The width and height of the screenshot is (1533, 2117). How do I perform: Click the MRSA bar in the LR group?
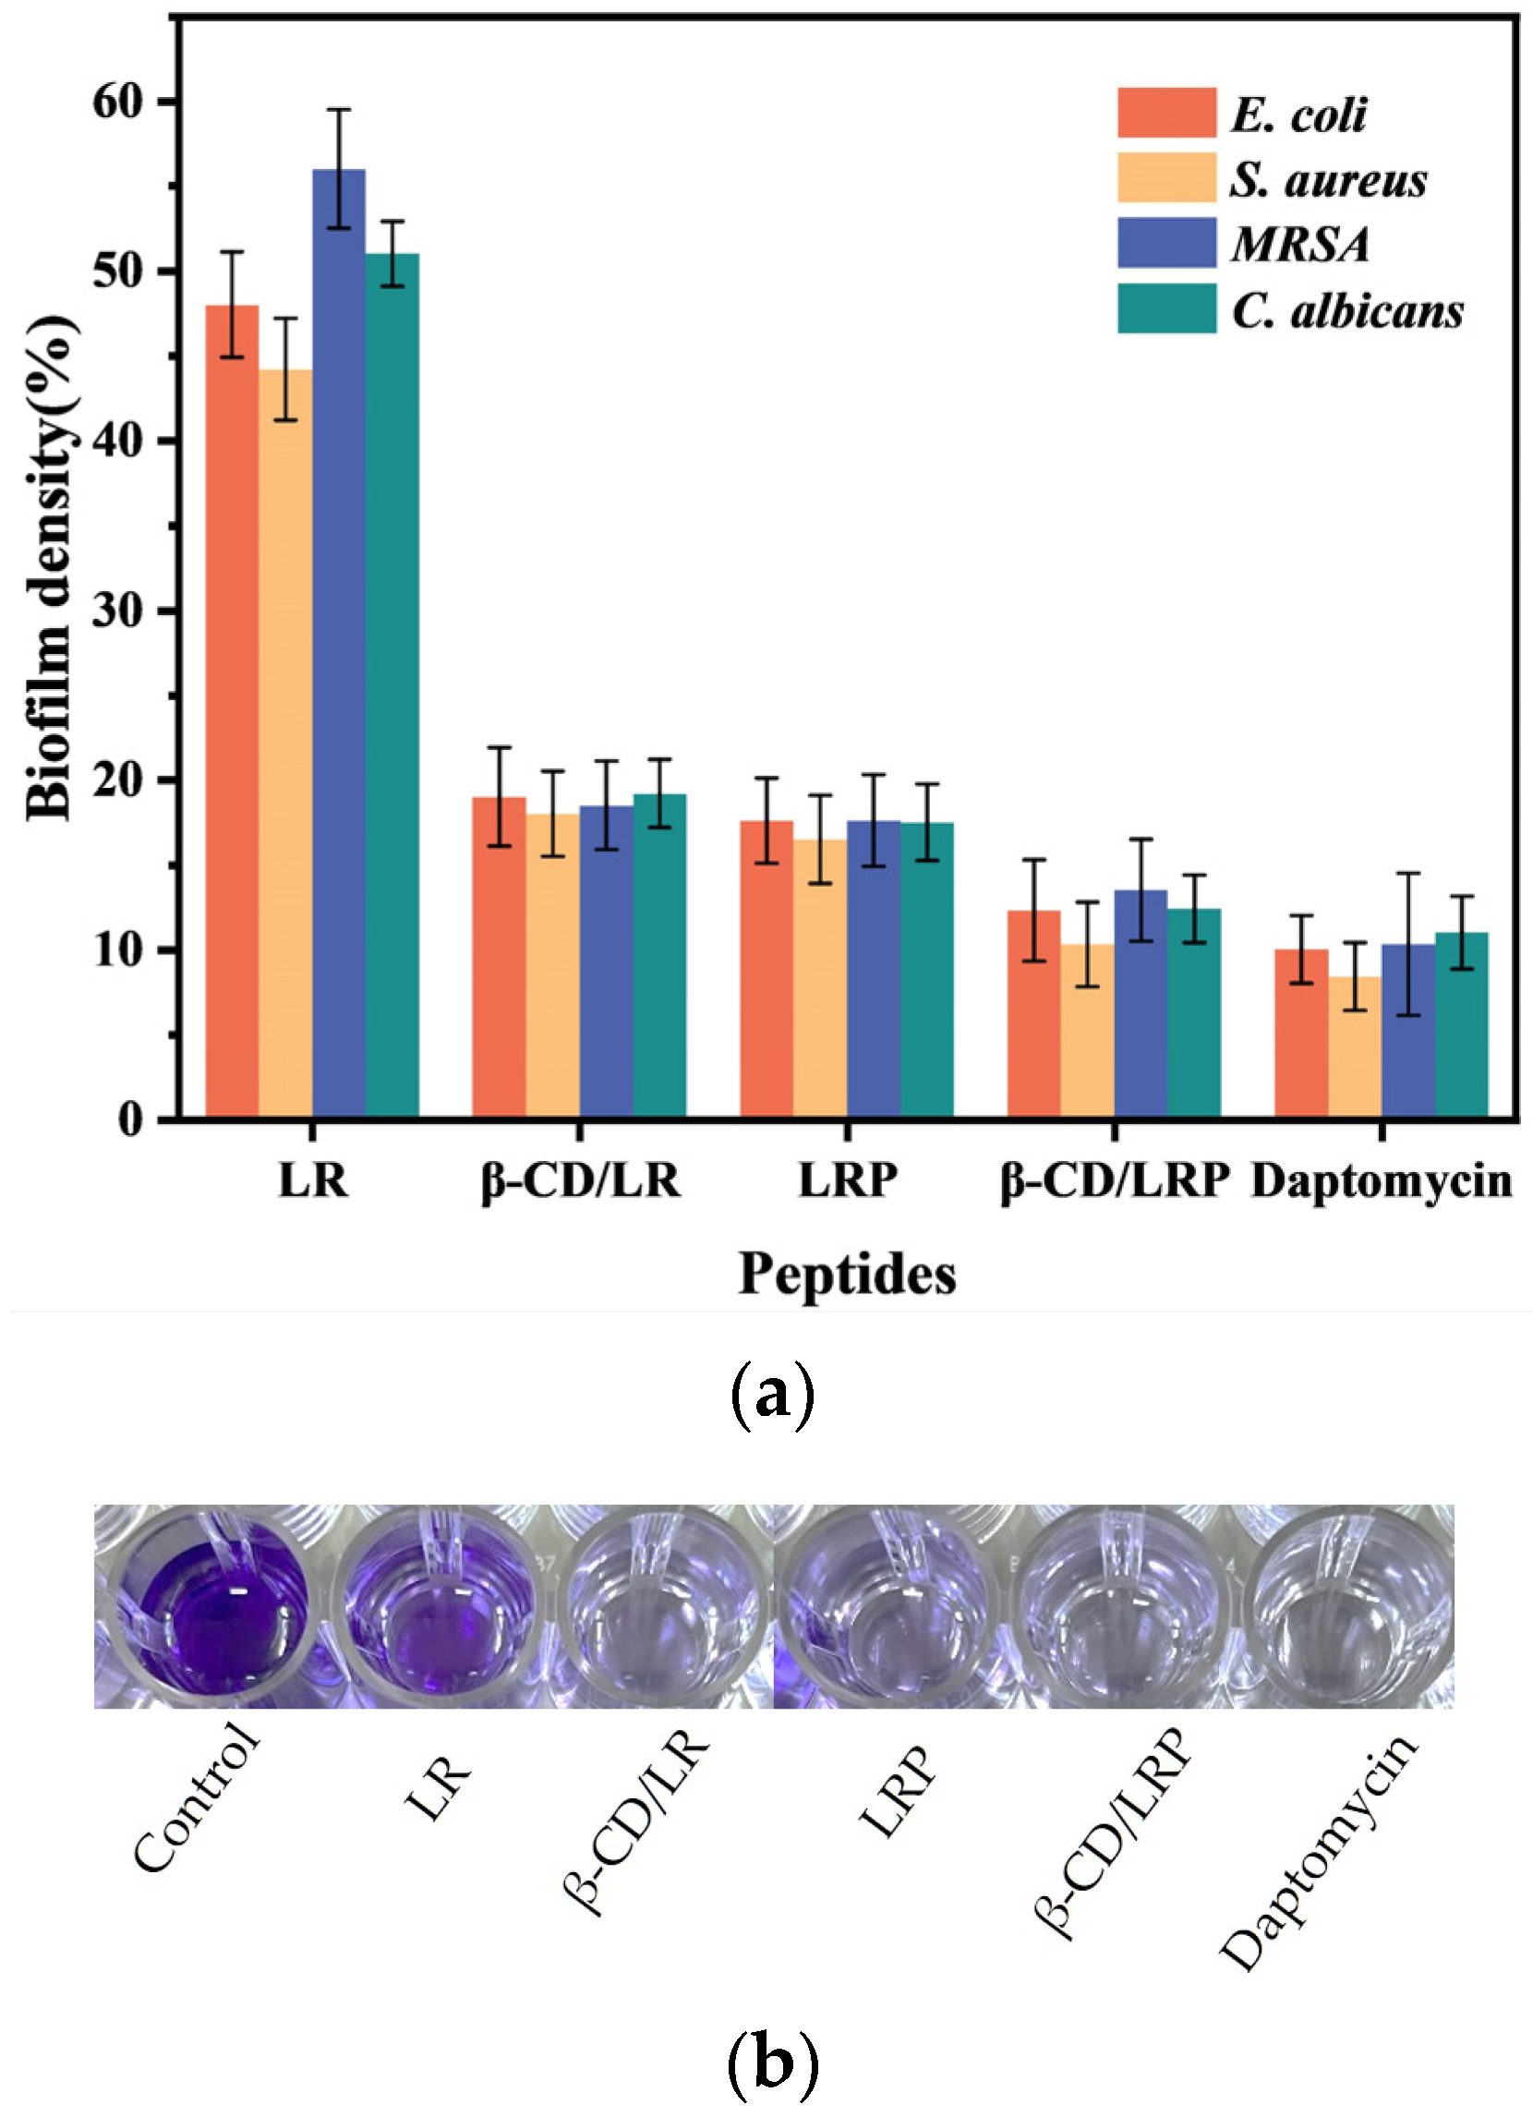[339, 644]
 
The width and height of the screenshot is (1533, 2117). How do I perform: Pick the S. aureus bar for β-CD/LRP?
[1087, 1031]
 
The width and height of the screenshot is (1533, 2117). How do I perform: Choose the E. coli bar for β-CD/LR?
[499, 958]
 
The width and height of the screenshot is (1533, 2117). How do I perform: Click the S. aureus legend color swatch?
[1166, 177]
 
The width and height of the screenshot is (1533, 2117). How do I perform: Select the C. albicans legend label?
[1347, 310]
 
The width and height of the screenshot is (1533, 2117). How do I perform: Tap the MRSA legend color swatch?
[1166, 243]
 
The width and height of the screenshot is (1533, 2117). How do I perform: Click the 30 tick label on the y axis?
[120, 611]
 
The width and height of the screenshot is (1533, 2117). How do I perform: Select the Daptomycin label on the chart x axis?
[1381, 1180]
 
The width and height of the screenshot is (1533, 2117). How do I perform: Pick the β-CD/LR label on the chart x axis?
[580, 1180]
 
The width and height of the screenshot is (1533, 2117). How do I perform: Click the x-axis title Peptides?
[846, 1273]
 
